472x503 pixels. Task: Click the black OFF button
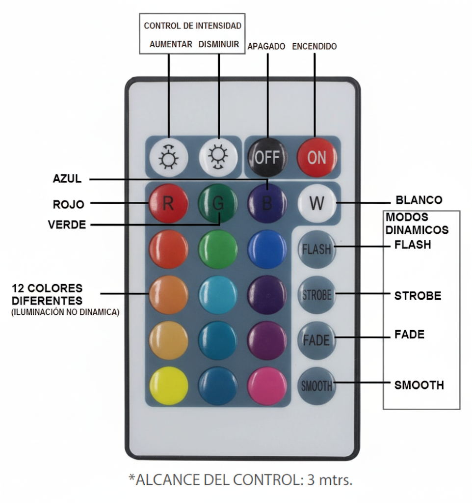click(x=267, y=157)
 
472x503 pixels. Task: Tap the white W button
click(x=316, y=203)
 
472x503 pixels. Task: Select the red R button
click(x=168, y=203)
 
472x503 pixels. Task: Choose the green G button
click(x=218, y=203)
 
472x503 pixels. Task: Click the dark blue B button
click(x=267, y=203)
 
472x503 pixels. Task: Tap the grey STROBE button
click(x=316, y=295)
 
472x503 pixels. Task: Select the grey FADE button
click(x=316, y=340)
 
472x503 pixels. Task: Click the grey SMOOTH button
click(x=316, y=386)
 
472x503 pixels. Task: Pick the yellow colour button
click(x=168, y=386)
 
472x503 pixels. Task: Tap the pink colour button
click(x=267, y=386)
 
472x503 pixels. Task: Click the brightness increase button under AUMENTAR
click(x=168, y=157)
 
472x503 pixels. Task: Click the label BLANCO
click(x=419, y=200)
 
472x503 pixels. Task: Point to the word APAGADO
click(x=266, y=47)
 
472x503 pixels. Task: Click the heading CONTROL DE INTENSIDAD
click(x=192, y=26)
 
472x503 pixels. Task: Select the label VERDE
click(x=67, y=225)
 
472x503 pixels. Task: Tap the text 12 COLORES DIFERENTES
click(x=47, y=294)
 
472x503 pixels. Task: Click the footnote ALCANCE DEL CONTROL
click(x=240, y=479)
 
